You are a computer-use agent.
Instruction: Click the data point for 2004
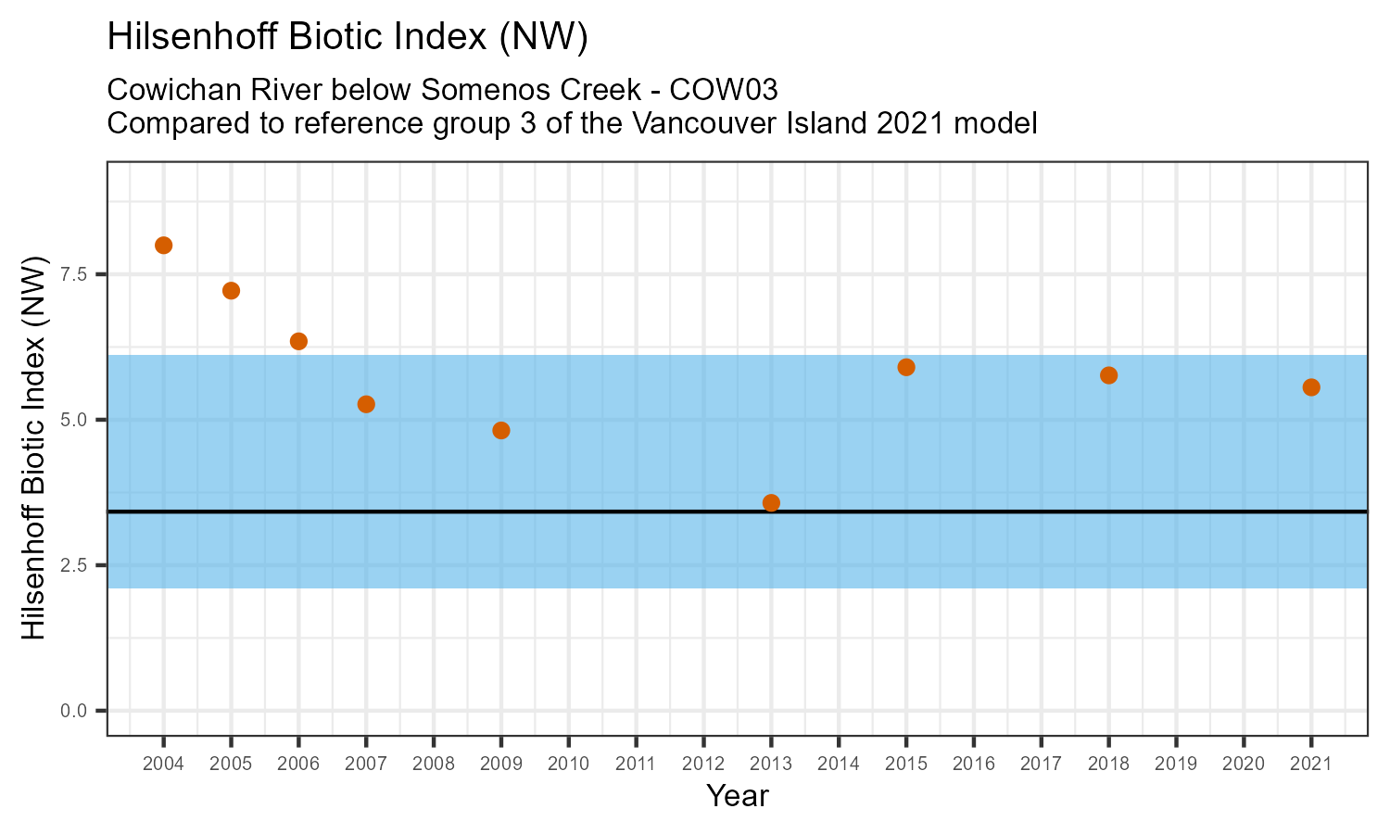(x=164, y=246)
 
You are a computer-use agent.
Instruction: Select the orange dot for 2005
(x=232, y=291)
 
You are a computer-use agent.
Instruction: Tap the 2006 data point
(x=298, y=341)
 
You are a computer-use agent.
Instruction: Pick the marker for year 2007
(x=366, y=404)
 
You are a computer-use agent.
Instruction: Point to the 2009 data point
(x=501, y=430)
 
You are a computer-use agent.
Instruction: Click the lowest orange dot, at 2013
(x=771, y=503)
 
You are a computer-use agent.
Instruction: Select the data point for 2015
(x=906, y=367)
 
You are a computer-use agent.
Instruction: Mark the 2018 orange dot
(x=1108, y=375)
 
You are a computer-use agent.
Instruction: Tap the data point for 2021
(x=1311, y=387)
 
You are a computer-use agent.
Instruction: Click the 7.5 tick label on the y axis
(x=74, y=274)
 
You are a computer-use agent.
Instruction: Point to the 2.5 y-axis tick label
(x=74, y=565)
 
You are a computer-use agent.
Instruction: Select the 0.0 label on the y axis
(x=74, y=711)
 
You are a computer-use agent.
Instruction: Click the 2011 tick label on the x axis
(x=636, y=764)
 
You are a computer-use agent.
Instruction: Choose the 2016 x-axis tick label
(x=973, y=764)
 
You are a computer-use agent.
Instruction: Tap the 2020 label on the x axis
(x=1244, y=764)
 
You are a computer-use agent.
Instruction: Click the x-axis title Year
(x=738, y=796)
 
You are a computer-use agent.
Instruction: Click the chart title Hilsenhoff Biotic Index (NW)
(x=348, y=37)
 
